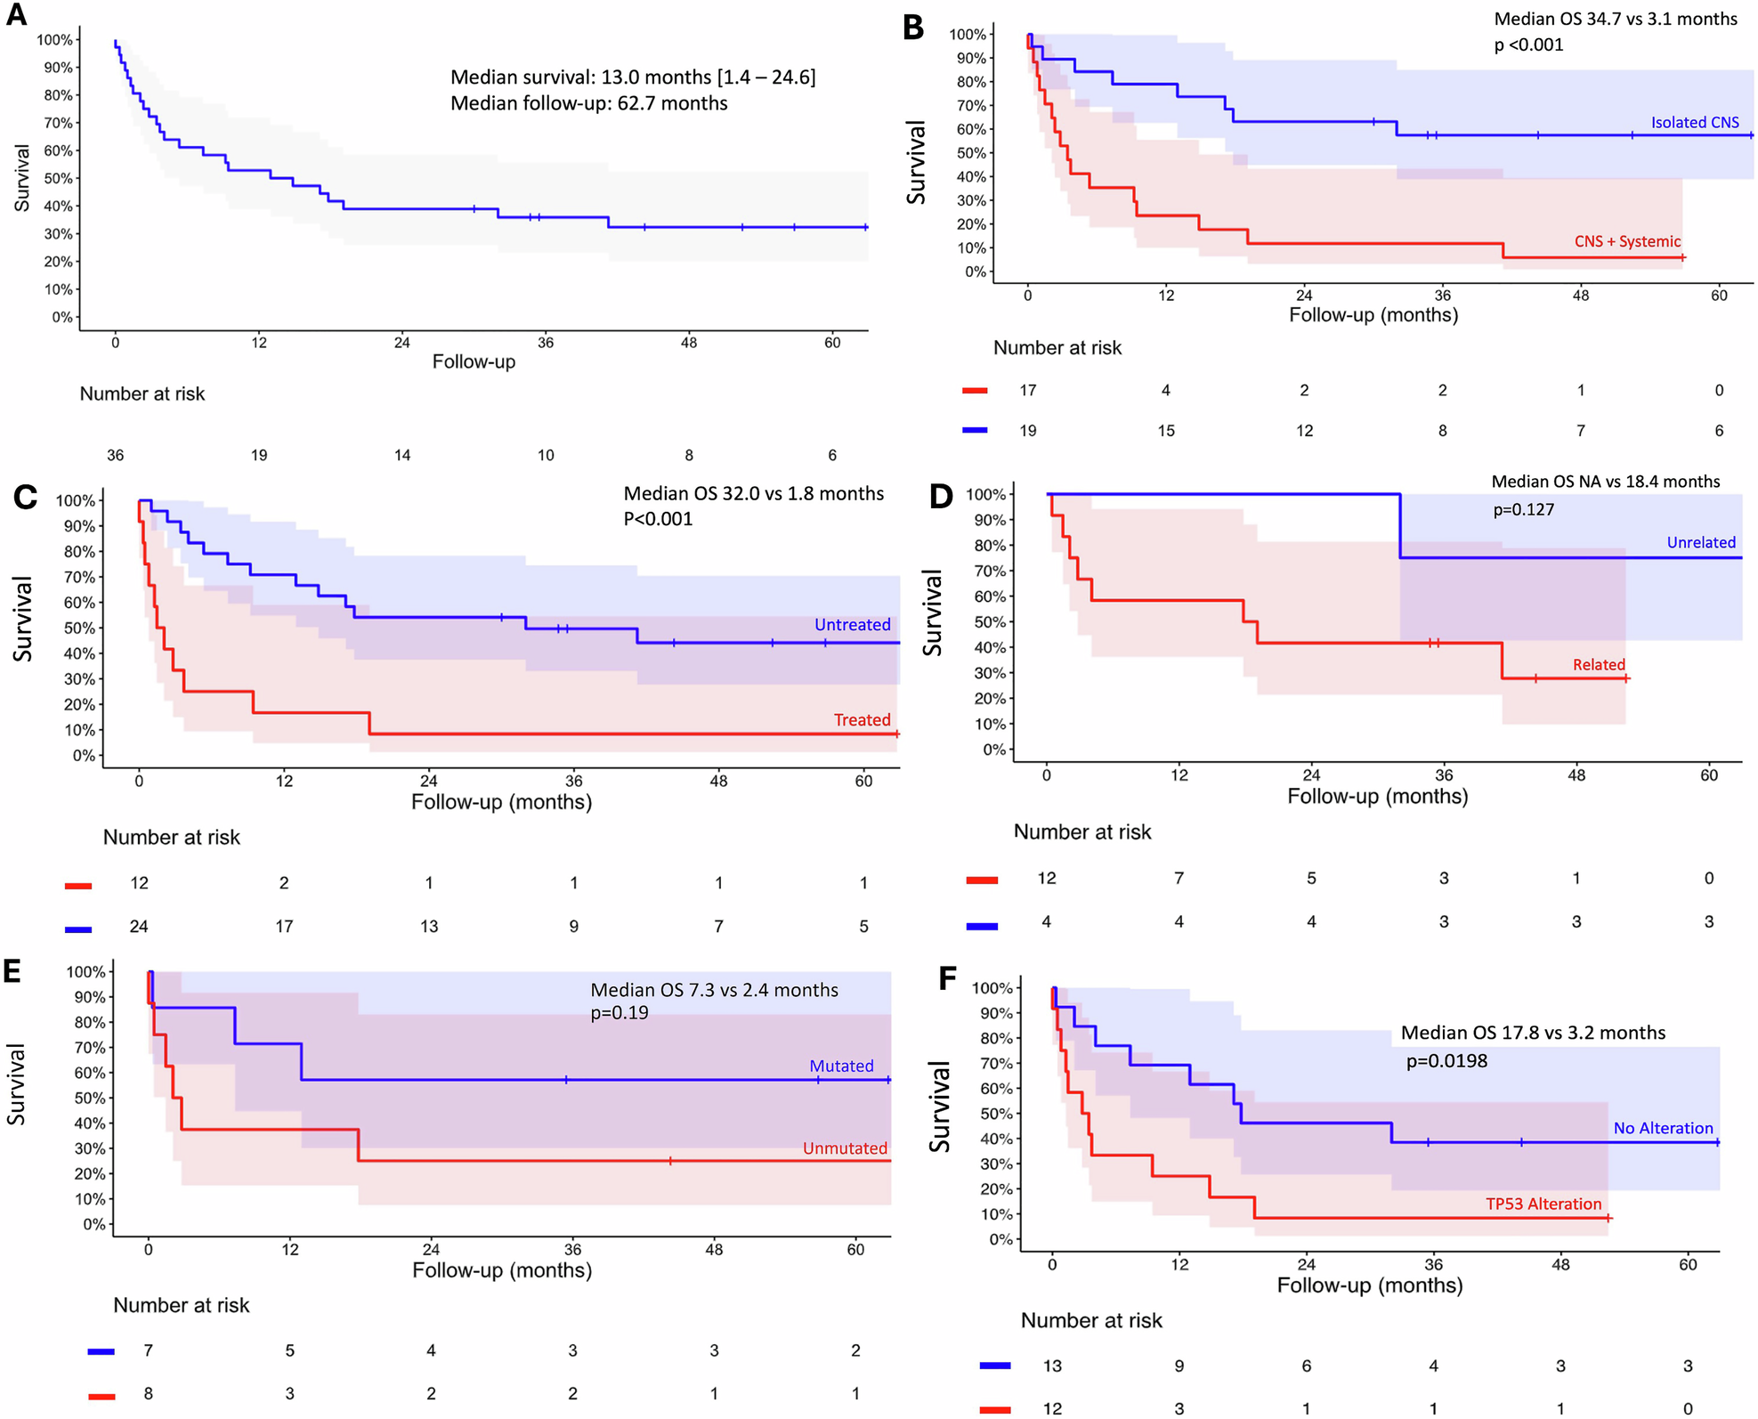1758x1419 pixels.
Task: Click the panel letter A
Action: pyautogui.click(x=16, y=16)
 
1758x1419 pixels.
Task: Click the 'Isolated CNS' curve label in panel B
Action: pyautogui.click(x=1694, y=123)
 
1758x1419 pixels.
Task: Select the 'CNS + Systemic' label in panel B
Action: pyautogui.click(x=1627, y=241)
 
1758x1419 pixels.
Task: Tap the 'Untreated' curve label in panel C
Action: pyautogui.click(x=852, y=625)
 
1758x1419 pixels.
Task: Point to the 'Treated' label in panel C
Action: pyautogui.click(x=862, y=720)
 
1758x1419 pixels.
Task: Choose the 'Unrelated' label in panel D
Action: pyautogui.click(x=1700, y=543)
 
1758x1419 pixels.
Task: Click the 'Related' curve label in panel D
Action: pyautogui.click(x=1599, y=665)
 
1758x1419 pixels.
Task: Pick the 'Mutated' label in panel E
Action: pyautogui.click(x=841, y=1066)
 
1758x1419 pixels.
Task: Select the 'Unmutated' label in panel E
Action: pyautogui.click(x=845, y=1148)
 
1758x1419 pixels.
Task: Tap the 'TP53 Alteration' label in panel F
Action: pyautogui.click(x=1543, y=1204)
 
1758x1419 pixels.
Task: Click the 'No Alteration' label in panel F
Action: pyautogui.click(x=1663, y=1129)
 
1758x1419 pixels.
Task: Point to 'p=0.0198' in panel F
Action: pyautogui.click(x=1446, y=1061)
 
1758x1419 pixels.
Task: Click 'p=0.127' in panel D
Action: pyautogui.click(x=1523, y=510)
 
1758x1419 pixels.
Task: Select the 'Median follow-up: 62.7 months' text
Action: pyautogui.click(x=588, y=104)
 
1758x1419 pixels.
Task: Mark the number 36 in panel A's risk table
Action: pyautogui.click(x=116, y=456)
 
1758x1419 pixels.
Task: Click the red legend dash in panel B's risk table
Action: pyautogui.click(x=976, y=391)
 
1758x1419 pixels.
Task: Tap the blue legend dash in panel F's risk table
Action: pyautogui.click(x=994, y=1366)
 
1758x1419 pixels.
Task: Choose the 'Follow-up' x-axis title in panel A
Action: pyautogui.click(x=474, y=362)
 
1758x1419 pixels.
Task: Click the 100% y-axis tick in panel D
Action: pyautogui.click(x=985, y=495)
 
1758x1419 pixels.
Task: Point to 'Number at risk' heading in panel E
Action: pyautogui.click(x=181, y=1306)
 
